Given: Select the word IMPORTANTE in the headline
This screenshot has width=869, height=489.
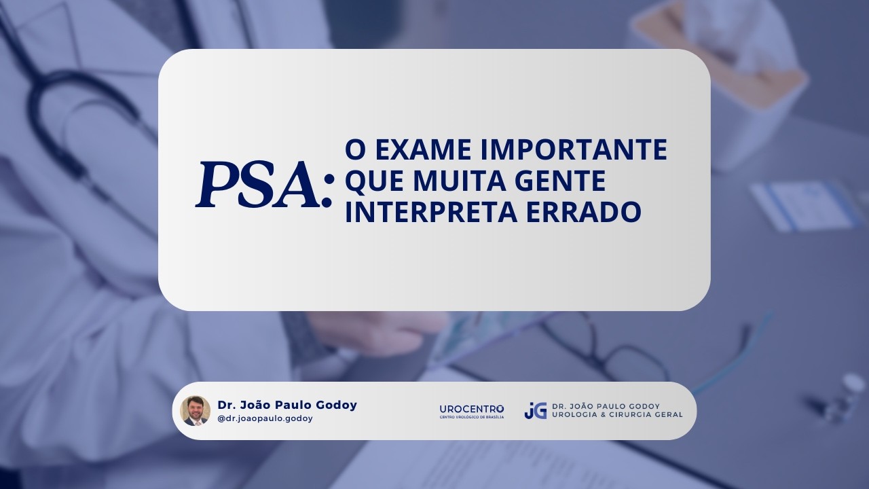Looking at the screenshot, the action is pos(574,149).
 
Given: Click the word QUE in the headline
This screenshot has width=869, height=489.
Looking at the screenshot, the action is pos(375,181).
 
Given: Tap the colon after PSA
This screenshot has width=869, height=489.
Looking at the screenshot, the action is pos(328,191).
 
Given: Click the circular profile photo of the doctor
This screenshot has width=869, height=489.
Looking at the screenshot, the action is pos(195,411).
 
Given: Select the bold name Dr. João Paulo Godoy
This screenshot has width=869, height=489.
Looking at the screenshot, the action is pos(287,405).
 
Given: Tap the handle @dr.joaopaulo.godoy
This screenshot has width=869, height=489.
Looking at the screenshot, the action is pos(265,419).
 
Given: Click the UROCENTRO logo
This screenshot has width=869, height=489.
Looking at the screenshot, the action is pos(472,411).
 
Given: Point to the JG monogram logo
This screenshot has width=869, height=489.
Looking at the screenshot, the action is pos(536,411).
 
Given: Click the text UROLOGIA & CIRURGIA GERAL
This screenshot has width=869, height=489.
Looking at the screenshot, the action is pos(617,414).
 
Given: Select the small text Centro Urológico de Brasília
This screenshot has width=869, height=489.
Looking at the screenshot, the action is pos(472,417).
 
